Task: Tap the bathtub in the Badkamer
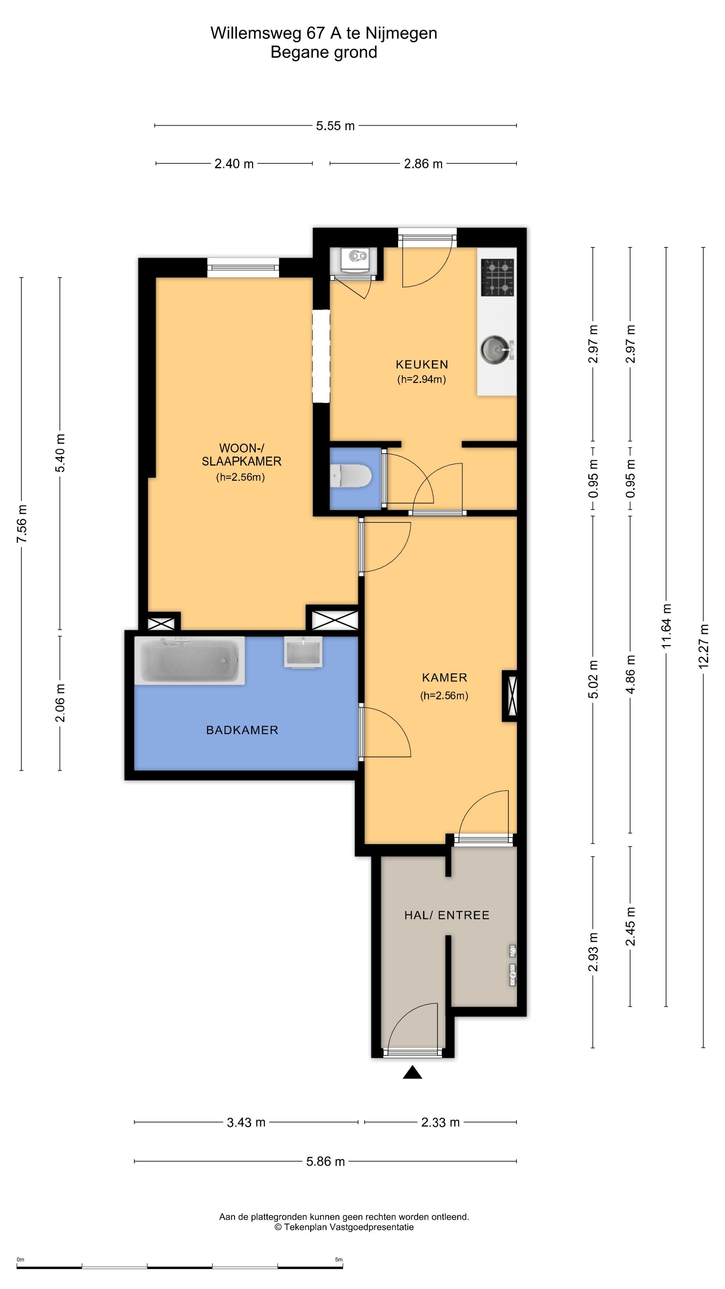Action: (190, 661)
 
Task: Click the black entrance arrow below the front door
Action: (412, 1072)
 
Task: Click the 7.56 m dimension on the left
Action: (21, 524)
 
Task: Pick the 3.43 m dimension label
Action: (246, 1123)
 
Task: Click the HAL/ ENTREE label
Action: (446, 915)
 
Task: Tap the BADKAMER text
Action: (242, 730)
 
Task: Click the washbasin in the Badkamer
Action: (303, 652)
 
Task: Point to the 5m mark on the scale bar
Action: (339, 1259)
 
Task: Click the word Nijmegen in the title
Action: (401, 33)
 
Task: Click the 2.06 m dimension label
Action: (60, 703)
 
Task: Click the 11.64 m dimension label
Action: (667, 626)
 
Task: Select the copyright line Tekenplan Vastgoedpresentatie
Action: (344, 1227)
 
